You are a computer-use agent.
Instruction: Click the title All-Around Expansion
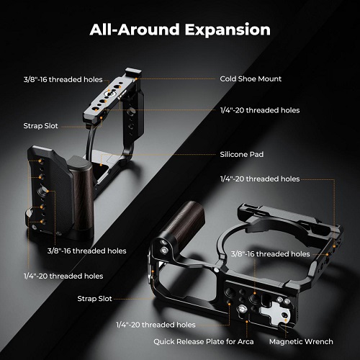pos(180,30)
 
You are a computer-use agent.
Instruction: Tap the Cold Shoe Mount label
pos(251,79)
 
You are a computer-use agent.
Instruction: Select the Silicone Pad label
pos(242,154)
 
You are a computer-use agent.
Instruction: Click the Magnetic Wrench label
pos(301,341)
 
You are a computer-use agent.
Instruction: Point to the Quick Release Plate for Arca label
pos(204,341)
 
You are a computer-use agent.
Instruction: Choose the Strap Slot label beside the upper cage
pos(40,126)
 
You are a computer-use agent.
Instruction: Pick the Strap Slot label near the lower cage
pos(94,299)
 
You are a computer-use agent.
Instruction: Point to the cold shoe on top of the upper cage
pos(132,73)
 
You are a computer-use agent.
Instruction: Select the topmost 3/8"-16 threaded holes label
pos(63,80)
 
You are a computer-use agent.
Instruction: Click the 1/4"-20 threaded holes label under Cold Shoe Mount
pos(260,110)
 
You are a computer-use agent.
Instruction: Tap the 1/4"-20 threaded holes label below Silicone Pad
pos(260,179)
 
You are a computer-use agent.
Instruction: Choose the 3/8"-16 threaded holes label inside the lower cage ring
pos(270,254)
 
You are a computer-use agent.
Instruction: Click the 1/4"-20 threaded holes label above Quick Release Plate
pos(156,325)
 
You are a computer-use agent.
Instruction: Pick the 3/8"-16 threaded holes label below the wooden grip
pos(86,251)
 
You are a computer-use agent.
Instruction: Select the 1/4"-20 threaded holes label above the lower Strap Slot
pos(63,276)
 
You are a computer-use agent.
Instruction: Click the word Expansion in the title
pos(228,30)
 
